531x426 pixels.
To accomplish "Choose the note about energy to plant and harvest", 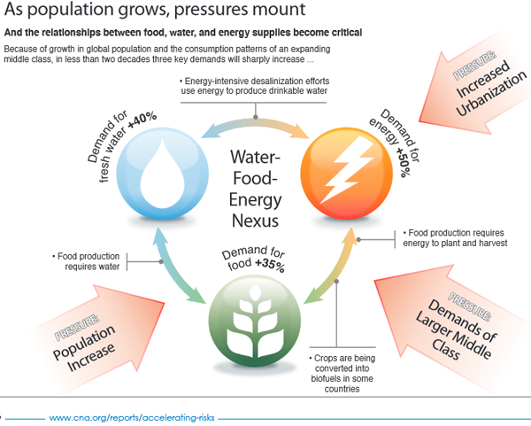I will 455,237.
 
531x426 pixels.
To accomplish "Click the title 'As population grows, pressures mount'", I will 155,12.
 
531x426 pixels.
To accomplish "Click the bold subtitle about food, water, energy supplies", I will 194,34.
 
